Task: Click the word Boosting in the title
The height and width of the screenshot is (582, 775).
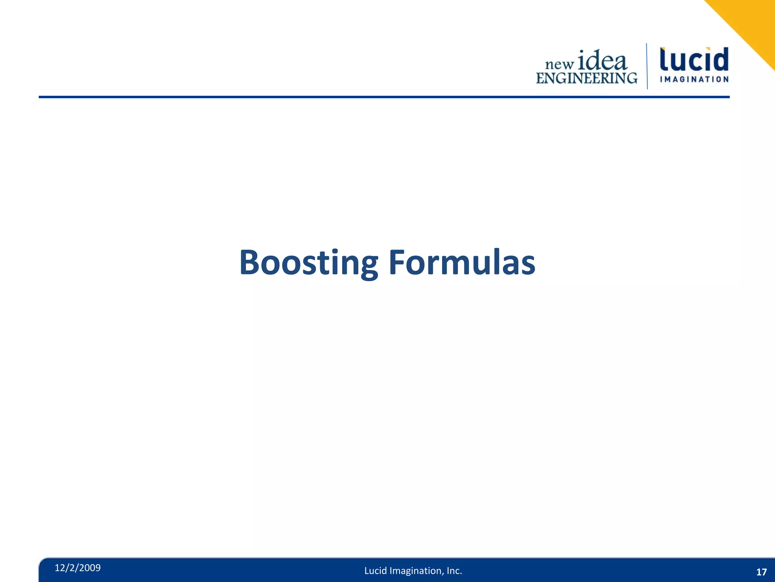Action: point(308,262)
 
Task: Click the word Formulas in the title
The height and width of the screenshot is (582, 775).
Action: point(462,262)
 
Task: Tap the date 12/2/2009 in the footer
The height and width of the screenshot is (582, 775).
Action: point(78,568)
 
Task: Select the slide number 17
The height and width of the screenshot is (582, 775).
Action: point(761,572)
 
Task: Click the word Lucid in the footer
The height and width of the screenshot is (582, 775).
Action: point(375,571)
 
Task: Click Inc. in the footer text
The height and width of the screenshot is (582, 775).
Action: point(454,571)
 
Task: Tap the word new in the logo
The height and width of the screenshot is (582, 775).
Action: point(559,65)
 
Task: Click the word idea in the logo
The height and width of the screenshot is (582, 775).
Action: point(602,61)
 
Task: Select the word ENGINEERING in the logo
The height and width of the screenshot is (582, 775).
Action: point(587,78)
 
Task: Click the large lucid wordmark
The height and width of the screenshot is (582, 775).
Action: point(694,59)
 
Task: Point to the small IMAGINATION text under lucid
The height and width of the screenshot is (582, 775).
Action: point(694,79)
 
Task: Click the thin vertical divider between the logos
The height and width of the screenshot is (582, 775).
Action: point(647,66)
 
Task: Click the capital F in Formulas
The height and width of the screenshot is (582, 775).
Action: point(397,262)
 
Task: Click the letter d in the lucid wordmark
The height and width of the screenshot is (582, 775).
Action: point(720,59)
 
